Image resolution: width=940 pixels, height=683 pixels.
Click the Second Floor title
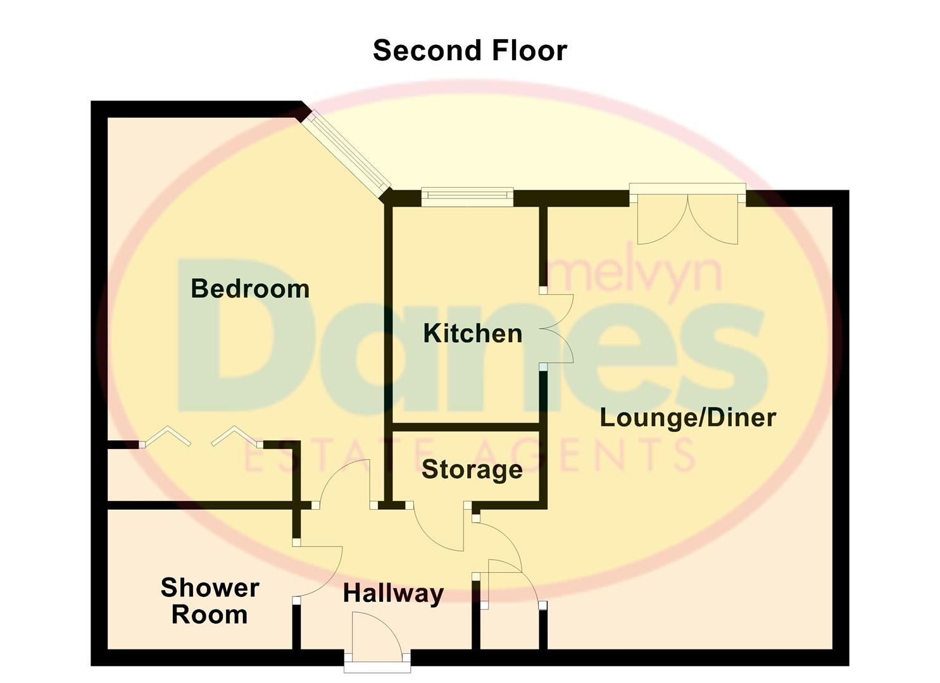pos(470,51)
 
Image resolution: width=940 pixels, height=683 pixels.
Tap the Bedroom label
pos(250,289)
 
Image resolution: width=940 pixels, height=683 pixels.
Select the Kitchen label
pos(473,333)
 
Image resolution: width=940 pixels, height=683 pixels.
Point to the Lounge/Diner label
pos(687,417)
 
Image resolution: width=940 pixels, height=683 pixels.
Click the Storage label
pos(472,469)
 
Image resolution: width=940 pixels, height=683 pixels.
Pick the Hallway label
pos(393,593)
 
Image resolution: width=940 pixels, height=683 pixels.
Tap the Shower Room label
pos(210,601)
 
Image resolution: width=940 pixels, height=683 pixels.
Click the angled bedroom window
pos(346,154)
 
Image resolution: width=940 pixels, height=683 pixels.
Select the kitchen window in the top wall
pos(467,197)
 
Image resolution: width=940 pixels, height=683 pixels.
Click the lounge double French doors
pos(687,215)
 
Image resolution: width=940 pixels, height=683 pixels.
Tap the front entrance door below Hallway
pos(378,644)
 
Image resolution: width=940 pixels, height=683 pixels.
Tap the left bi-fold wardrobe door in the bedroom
pos(165,436)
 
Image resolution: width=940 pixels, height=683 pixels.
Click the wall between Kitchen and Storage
pos(465,428)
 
